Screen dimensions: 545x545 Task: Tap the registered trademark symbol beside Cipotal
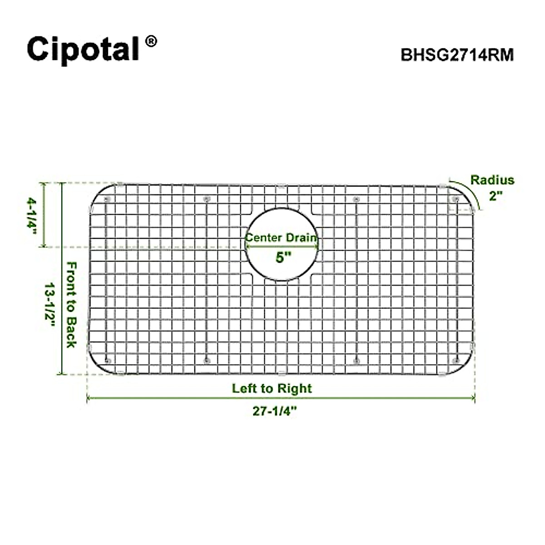151,41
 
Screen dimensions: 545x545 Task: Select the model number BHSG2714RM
457,55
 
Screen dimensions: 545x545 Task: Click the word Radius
492,180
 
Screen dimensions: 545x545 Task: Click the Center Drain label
282,238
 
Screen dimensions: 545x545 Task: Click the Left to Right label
272,388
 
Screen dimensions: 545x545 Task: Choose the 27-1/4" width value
274,411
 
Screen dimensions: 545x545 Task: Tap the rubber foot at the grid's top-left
107,200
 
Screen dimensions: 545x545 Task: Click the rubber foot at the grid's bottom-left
107,361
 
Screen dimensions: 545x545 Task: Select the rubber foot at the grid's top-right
455,199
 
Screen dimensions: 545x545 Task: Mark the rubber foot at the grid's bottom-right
455,361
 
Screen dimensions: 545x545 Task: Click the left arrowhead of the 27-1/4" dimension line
89,398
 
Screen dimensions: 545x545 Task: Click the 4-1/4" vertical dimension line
44,214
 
